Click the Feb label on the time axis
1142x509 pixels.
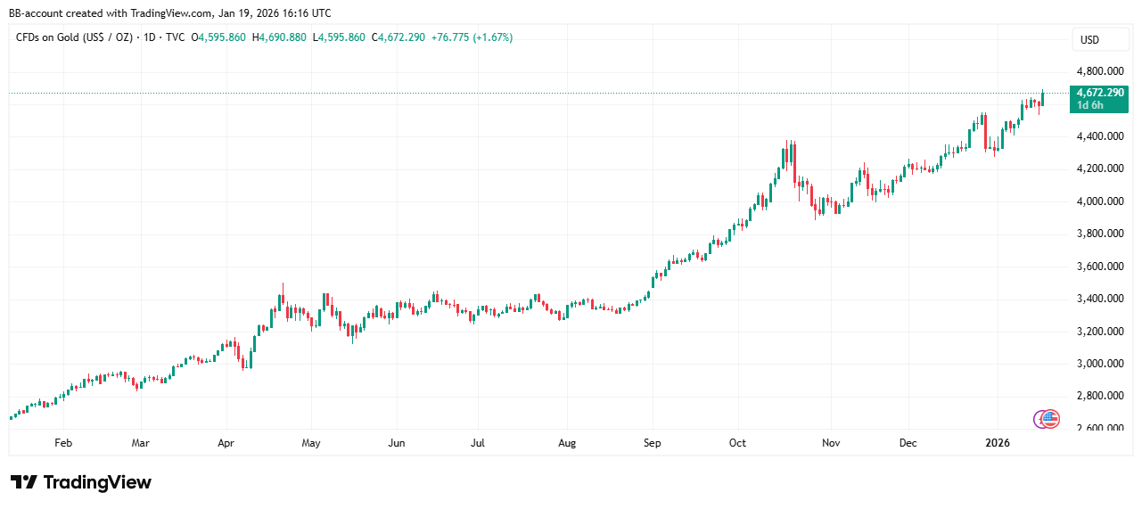[x=62, y=442]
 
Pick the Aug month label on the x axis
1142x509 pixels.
[x=567, y=442]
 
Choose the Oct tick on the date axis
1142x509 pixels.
[x=738, y=442]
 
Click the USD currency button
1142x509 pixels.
[x=1089, y=40]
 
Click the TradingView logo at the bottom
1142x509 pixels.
[x=80, y=482]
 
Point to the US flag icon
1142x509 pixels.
[x=1050, y=418]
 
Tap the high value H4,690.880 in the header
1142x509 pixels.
[x=280, y=37]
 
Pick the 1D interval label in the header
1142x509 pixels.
[x=150, y=37]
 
